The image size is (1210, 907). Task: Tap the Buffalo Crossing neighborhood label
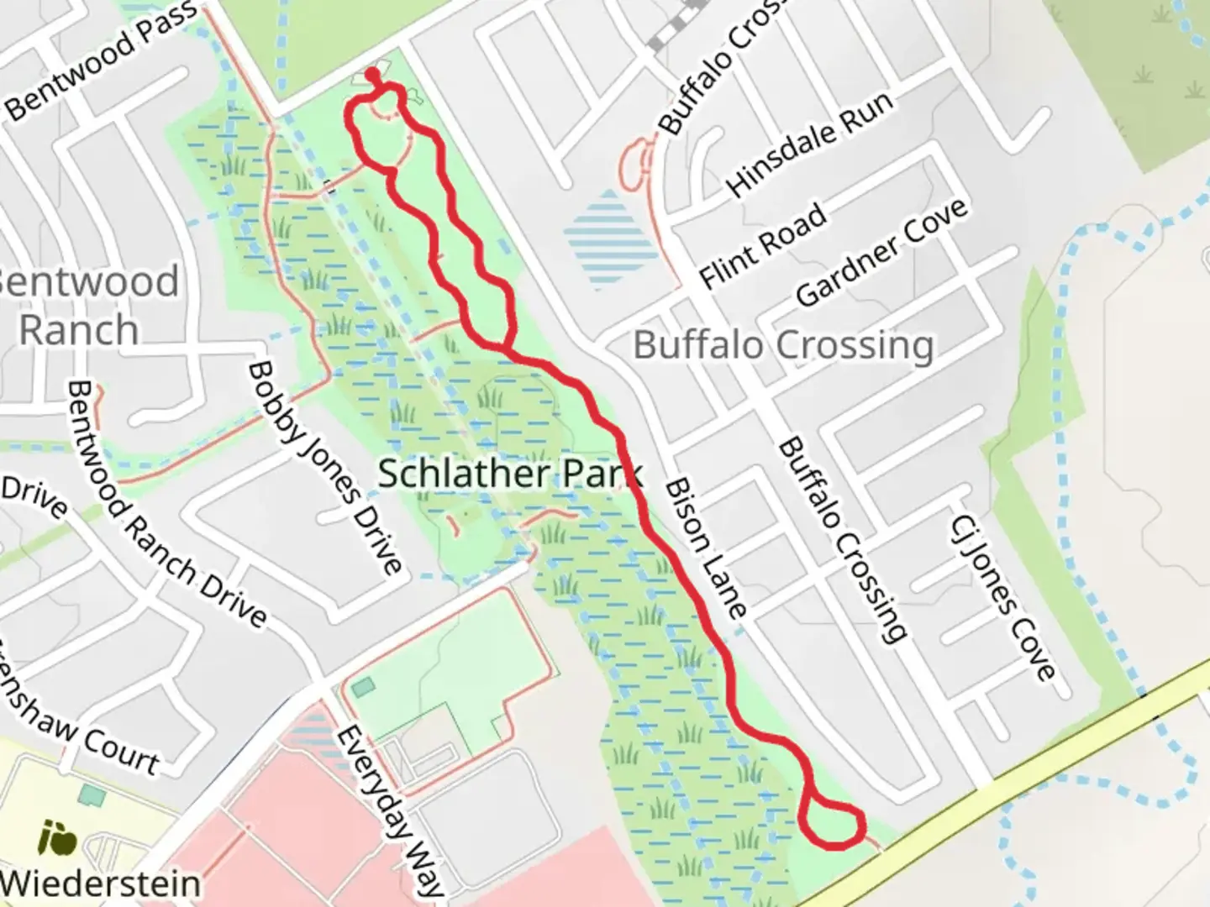pyautogui.click(x=783, y=345)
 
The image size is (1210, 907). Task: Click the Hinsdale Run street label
pyautogui.click(x=809, y=144)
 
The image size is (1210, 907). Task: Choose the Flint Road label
pyautogui.click(x=763, y=246)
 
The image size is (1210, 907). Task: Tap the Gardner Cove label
pyautogui.click(x=881, y=253)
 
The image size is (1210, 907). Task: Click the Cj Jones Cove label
pyautogui.click(x=1002, y=597)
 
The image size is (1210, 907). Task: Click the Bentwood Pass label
pyautogui.click(x=101, y=60)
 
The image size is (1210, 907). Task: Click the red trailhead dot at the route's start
pyautogui.click(x=372, y=75)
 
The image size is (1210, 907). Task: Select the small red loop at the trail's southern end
pyautogui.click(x=832, y=824)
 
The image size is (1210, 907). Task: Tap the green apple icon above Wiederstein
pyautogui.click(x=58, y=838)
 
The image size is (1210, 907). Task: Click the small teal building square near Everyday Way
pyautogui.click(x=363, y=687)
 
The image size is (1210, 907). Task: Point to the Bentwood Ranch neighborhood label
pyautogui.click(x=84, y=305)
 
